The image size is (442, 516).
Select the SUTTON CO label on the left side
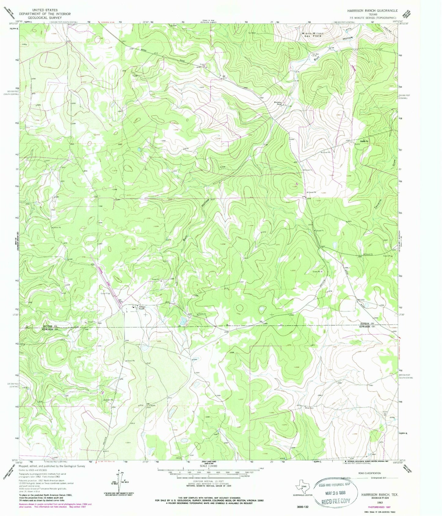pos(50,326)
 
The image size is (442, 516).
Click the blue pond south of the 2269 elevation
pos(183,321)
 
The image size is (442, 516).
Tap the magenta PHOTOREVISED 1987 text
pos(375,503)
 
